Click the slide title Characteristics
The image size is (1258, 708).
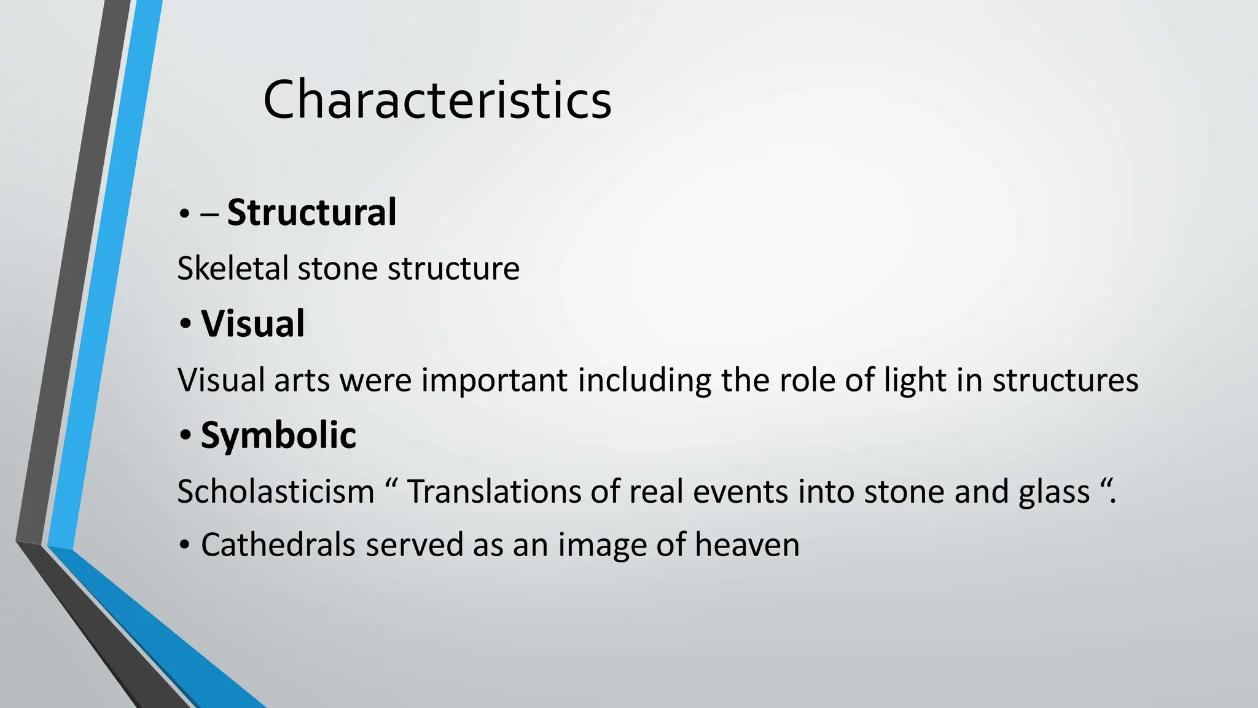tap(437, 100)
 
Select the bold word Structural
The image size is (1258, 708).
tap(311, 213)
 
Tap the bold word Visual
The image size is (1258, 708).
tap(252, 324)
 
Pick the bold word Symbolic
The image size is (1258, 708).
tap(278, 436)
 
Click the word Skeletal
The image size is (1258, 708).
tap(233, 269)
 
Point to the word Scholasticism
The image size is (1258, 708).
tap(276, 492)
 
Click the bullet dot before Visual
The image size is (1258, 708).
tap(186, 326)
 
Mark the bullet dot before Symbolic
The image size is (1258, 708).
tap(186, 438)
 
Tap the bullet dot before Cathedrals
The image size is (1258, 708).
tap(186, 546)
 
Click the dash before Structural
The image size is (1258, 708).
tap(209, 216)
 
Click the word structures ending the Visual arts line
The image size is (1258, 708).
tap(1065, 380)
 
